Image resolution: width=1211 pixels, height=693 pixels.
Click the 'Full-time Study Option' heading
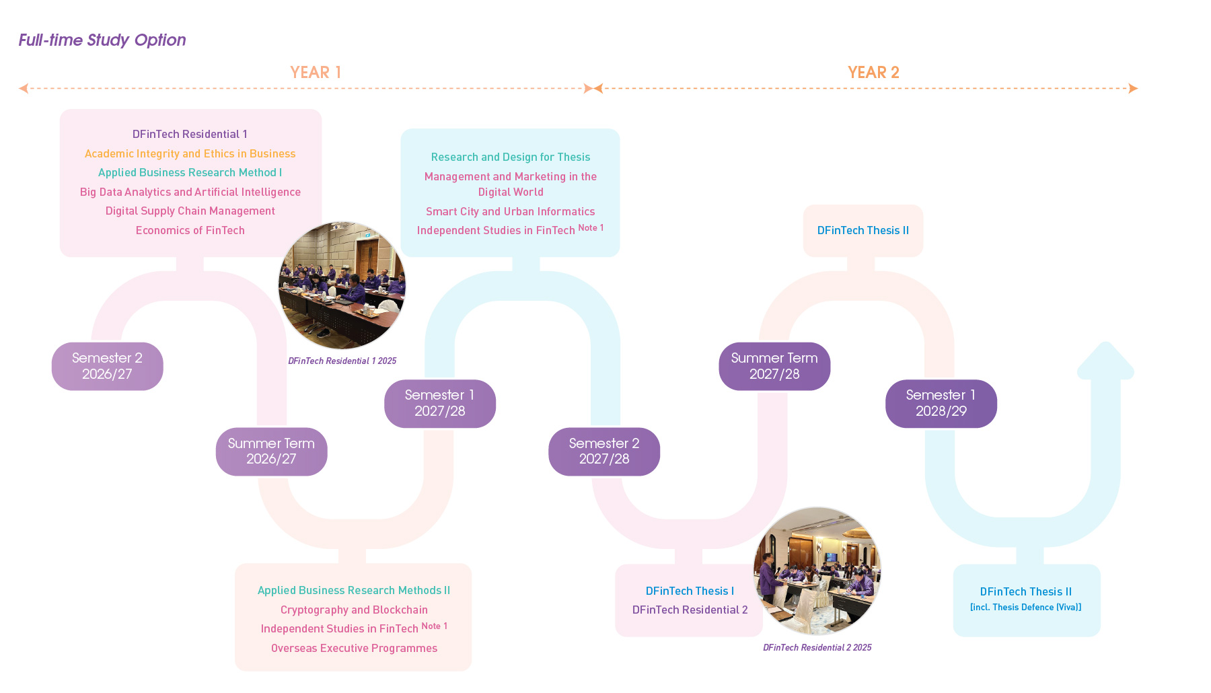pyautogui.click(x=102, y=40)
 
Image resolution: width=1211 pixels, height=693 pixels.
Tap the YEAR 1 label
pyautogui.click(x=316, y=73)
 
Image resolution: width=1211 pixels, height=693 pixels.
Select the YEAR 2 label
pyautogui.click(x=873, y=73)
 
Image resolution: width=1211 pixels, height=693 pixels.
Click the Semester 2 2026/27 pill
pyautogui.click(x=108, y=366)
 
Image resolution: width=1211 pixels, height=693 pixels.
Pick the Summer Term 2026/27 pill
pyautogui.click(x=271, y=451)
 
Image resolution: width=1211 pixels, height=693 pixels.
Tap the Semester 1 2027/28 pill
pyautogui.click(x=440, y=403)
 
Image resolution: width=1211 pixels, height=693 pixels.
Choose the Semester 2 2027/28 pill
pyautogui.click(x=604, y=451)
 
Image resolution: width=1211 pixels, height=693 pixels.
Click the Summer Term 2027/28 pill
pyautogui.click(x=774, y=366)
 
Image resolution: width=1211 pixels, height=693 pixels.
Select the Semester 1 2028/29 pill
pyautogui.click(x=941, y=403)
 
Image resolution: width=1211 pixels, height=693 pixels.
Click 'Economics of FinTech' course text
pyautogui.click(x=190, y=230)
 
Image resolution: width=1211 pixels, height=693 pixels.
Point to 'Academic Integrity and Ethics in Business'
pyautogui.click(x=190, y=154)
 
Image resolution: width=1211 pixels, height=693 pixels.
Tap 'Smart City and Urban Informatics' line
pyautogui.click(x=510, y=211)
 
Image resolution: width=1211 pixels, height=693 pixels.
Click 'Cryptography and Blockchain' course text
pyautogui.click(x=354, y=610)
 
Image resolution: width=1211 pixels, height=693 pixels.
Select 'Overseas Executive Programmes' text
pyautogui.click(x=354, y=648)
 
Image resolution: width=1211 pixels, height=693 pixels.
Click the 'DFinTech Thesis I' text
pyautogui.click(x=690, y=591)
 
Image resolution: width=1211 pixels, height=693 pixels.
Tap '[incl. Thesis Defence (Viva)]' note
pyautogui.click(x=1025, y=607)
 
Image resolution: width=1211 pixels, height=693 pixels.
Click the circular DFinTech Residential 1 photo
pyautogui.click(x=342, y=285)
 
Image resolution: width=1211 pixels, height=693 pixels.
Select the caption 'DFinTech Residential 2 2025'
pyautogui.click(x=817, y=647)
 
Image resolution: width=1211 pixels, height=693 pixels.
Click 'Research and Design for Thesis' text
pyautogui.click(x=510, y=157)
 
